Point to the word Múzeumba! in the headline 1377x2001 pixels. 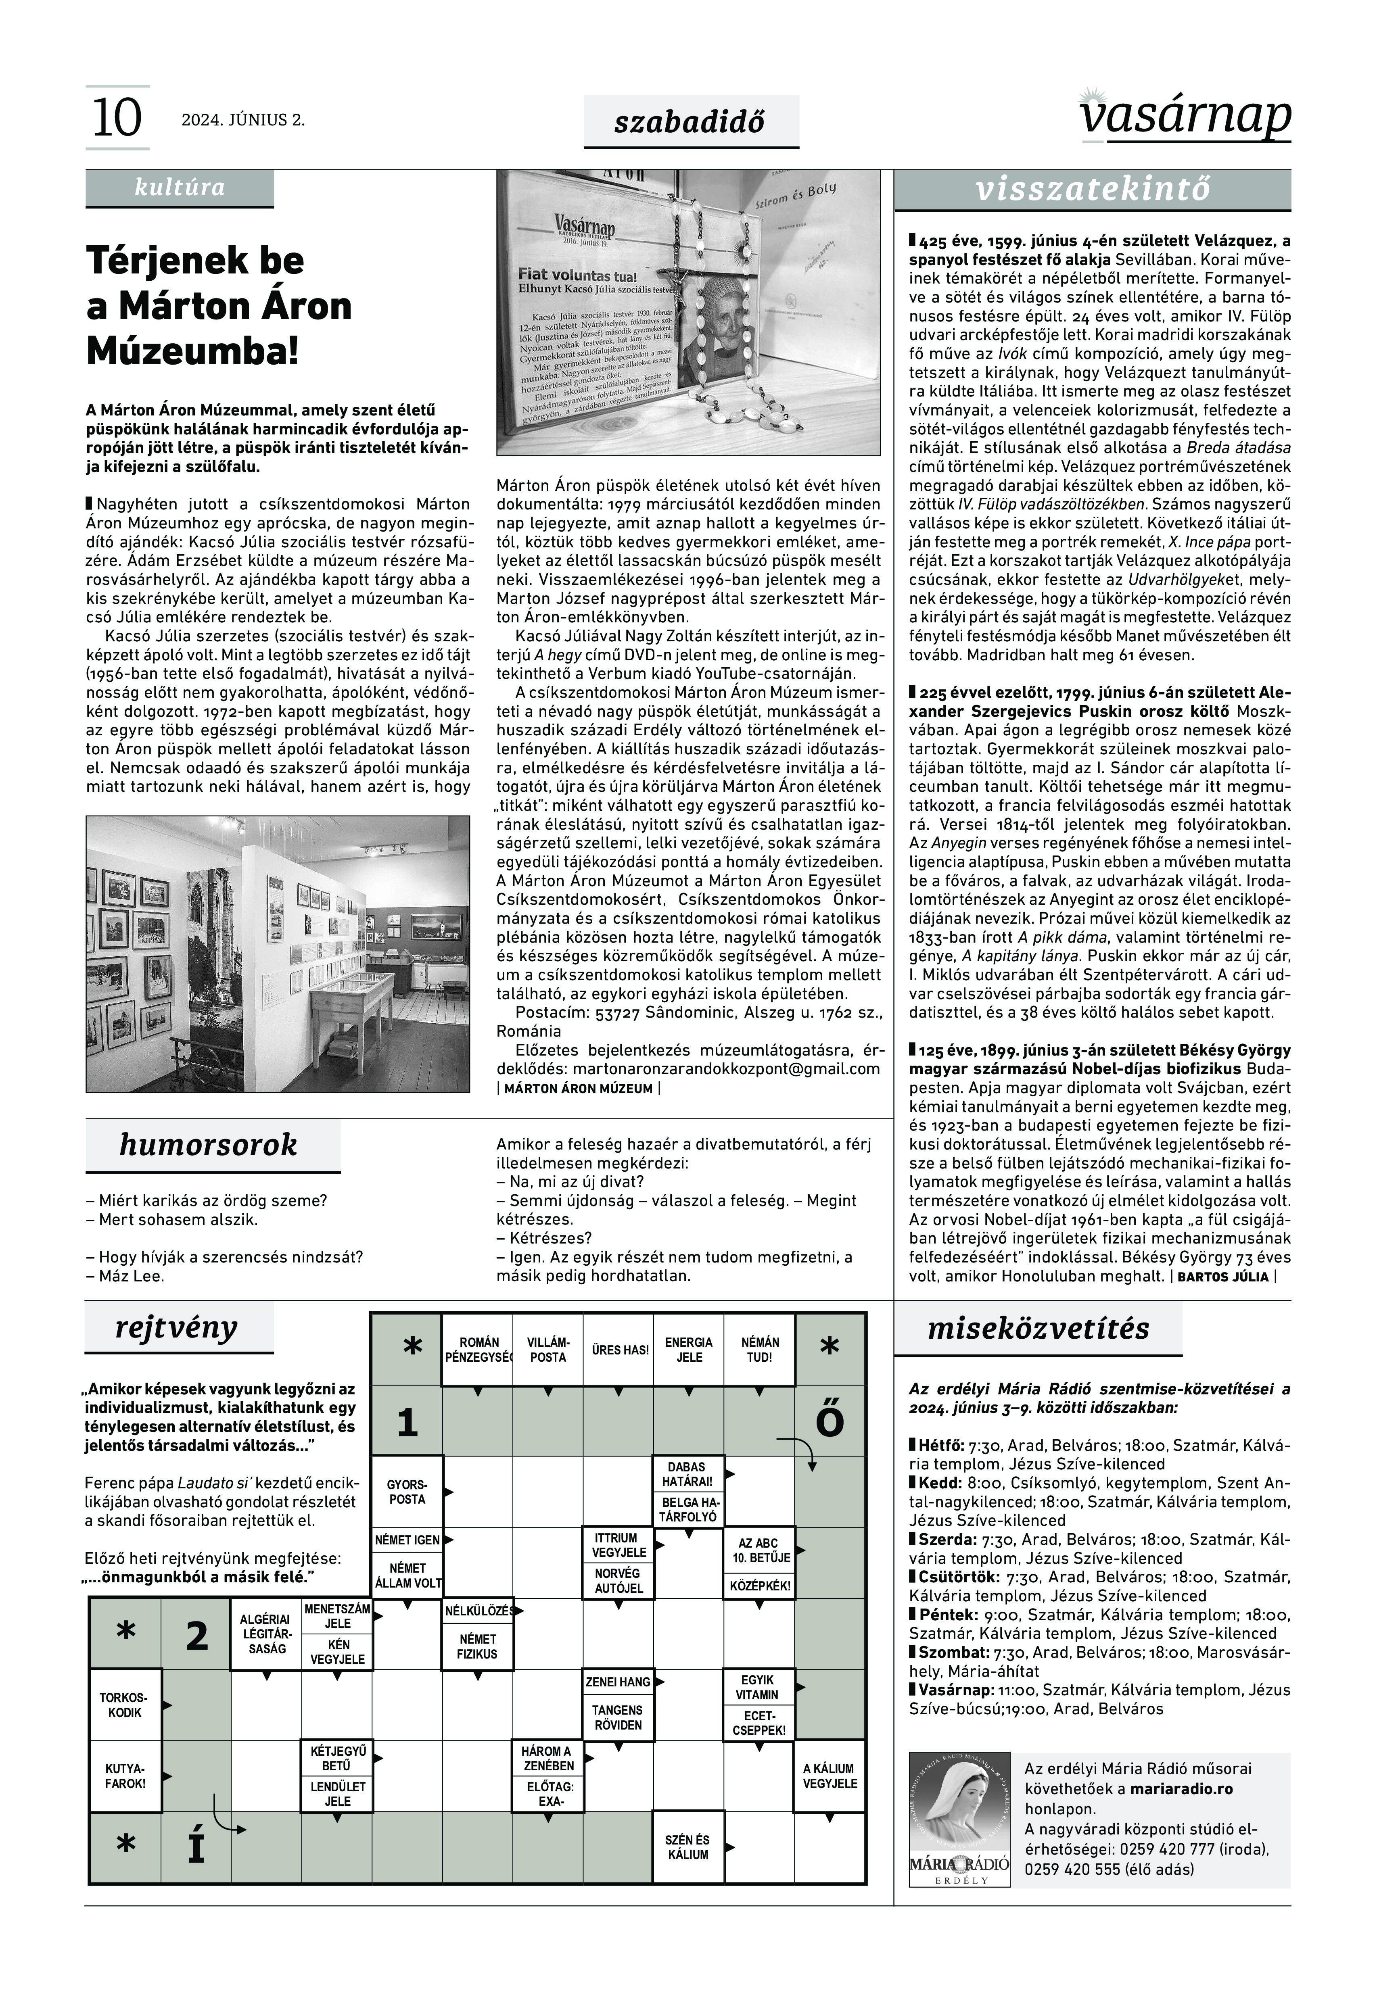(x=193, y=352)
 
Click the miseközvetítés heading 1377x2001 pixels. (x=1038, y=1328)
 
